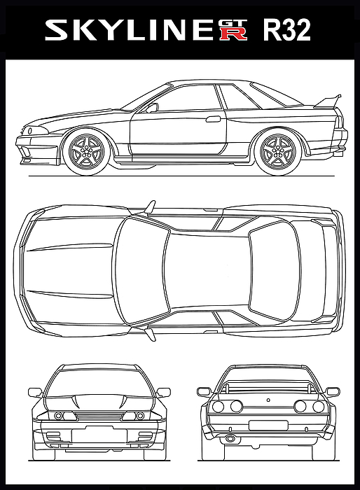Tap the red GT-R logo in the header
234,30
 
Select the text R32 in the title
287,30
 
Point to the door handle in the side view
214,119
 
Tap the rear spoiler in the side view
328,101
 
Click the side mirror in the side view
152,108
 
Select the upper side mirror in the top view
150,207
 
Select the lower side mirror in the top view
150,333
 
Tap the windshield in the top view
142,271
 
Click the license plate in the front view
99,435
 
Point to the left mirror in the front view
35,392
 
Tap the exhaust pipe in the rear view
230,438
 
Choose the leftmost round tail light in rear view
218,407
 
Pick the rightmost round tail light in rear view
318,407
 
